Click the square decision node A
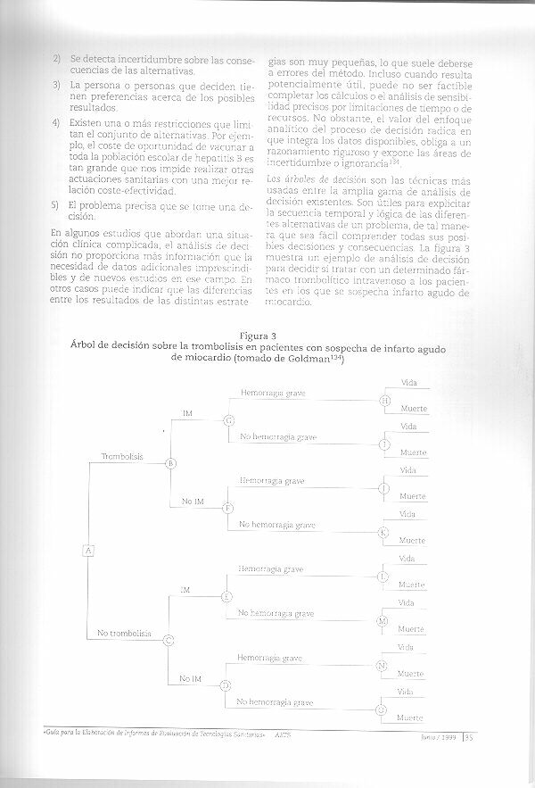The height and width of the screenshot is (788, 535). click(x=88, y=550)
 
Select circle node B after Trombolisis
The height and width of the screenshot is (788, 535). click(x=171, y=462)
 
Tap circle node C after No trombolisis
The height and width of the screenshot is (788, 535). click(x=169, y=639)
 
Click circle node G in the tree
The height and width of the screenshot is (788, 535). click(x=229, y=420)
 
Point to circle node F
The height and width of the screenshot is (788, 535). click(x=228, y=508)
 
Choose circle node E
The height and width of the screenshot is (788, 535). click(x=227, y=595)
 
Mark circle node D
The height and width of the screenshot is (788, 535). click(x=226, y=684)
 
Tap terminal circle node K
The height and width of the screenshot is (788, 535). click(x=383, y=532)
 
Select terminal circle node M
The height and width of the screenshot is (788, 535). click(x=383, y=620)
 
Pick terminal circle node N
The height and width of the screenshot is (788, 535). click(x=382, y=665)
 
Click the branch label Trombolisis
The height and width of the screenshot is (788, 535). click(x=122, y=455)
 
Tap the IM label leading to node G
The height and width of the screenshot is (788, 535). click(x=187, y=413)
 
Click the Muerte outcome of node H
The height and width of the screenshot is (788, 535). click(x=413, y=409)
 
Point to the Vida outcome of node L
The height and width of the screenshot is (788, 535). click(x=407, y=559)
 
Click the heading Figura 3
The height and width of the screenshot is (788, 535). click(x=266, y=336)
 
